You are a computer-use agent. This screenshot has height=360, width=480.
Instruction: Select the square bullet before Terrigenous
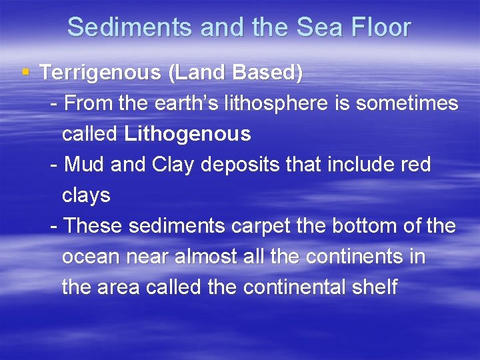point(25,71)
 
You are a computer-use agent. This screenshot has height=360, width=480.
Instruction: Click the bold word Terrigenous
point(100,73)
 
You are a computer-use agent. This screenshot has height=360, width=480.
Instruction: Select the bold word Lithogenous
point(187,134)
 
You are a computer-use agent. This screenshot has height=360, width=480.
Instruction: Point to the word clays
point(86,195)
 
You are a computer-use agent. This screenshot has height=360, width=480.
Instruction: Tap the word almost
point(201,257)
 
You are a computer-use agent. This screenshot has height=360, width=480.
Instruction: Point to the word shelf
point(377,287)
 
